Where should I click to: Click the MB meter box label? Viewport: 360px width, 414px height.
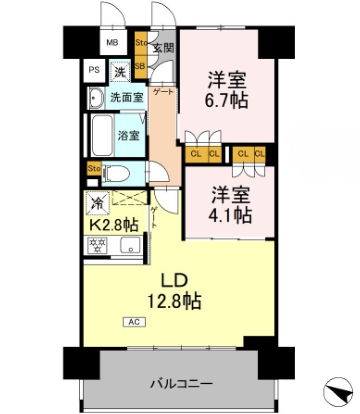pyautogui.click(x=113, y=43)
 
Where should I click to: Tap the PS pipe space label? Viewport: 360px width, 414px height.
pyautogui.click(x=94, y=70)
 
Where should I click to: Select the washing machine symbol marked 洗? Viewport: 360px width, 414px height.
pyautogui.click(x=120, y=71)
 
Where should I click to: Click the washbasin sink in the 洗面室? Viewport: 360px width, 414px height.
pyautogui.click(x=96, y=98)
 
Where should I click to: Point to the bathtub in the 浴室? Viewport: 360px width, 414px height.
pyautogui.click(x=102, y=135)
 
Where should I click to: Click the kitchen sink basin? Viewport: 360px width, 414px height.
pyautogui.click(x=130, y=244)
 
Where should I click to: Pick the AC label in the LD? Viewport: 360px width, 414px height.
pyautogui.click(x=134, y=321)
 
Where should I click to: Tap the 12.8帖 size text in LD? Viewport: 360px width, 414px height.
pyautogui.click(x=174, y=301)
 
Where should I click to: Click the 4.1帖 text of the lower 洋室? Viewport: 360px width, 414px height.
pyautogui.click(x=232, y=215)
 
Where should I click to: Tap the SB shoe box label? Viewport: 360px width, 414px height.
pyautogui.click(x=140, y=65)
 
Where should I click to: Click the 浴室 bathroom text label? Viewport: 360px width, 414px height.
pyautogui.click(x=128, y=136)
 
